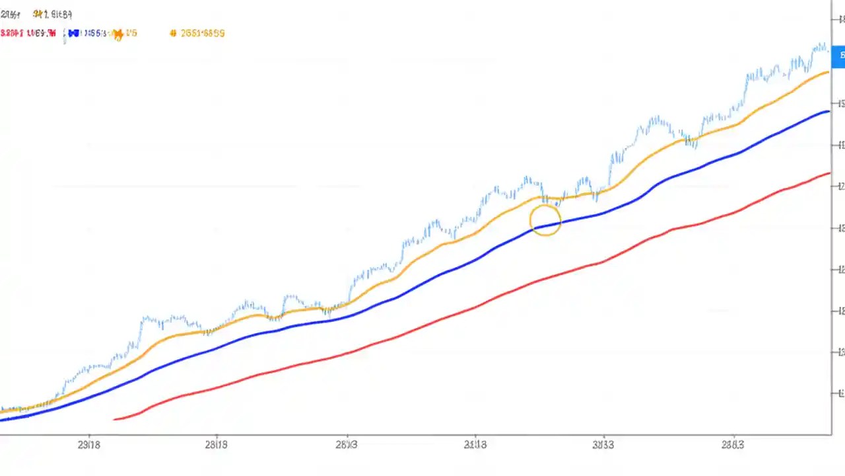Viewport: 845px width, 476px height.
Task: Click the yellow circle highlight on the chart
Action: (x=545, y=220)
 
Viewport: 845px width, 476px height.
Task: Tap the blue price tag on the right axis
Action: (x=838, y=56)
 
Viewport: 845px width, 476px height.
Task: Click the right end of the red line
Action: (x=828, y=173)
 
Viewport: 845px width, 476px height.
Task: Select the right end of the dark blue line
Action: (x=828, y=112)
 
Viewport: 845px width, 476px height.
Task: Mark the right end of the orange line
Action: (x=827, y=71)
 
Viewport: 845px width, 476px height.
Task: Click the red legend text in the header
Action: (x=28, y=33)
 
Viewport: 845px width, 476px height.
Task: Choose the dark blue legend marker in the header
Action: (x=73, y=33)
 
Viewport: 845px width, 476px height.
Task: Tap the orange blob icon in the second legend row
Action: (x=118, y=34)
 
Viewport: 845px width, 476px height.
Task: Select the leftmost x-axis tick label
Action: (x=88, y=445)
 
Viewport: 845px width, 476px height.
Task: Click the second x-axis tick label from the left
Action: (x=216, y=445)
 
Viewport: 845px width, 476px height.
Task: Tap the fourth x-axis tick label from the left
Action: (x=475, y=445)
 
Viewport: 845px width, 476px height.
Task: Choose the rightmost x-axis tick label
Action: (x=730, y=445)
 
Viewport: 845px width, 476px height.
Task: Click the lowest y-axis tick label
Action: (x=840, y=393)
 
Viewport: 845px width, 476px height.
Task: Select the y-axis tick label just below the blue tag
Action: (x=840, y=104)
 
